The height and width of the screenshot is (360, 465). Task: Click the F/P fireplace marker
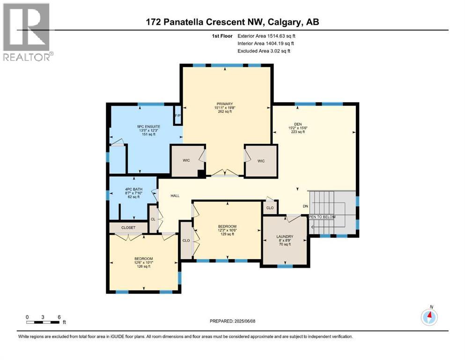[x=177, y=116]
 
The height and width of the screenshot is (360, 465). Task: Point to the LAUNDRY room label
[x=284, y=236]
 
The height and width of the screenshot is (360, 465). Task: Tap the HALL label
[x=175, y=196]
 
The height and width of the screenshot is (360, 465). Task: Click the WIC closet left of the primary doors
[x=186, y=160]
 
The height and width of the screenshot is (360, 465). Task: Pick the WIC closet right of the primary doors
[x=261, y=161]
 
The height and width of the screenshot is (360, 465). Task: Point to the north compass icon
[x=429, y=317]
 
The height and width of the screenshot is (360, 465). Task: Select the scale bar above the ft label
[x=43, y=322]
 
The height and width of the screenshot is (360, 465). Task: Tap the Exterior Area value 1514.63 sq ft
[x=271, y=35]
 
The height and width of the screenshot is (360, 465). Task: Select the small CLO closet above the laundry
[x=270, y=208]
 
